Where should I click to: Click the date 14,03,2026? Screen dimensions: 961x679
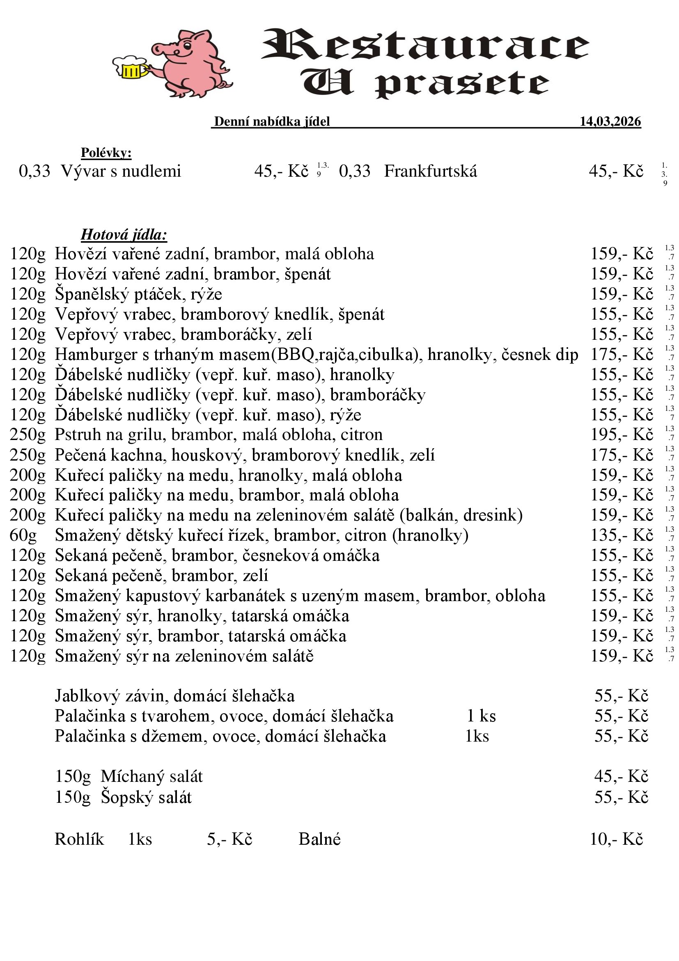610,121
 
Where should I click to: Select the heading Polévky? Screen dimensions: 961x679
106,153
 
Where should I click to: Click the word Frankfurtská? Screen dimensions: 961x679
430,171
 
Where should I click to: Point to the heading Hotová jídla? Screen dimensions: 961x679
124,235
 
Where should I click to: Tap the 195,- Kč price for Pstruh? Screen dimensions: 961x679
621,435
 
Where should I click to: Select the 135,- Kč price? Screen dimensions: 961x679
621,535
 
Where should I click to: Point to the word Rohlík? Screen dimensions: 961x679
80,839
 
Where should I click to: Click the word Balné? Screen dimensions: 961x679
319,839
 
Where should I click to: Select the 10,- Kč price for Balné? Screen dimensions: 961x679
616,839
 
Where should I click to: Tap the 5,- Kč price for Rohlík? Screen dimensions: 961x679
229,839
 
